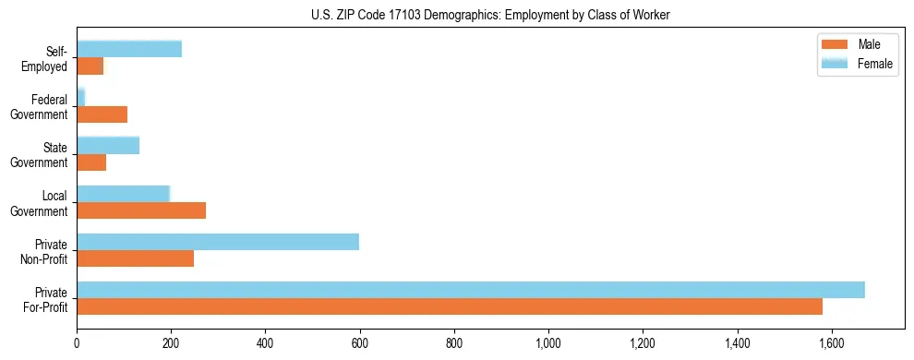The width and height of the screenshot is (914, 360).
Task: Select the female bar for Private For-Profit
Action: (x=470, y=290)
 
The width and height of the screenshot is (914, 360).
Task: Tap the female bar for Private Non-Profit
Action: (x=217, y=242)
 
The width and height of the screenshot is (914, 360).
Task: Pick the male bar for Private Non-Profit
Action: (x=135, y=258)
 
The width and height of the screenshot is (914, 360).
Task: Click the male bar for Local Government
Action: (x=140, y=210)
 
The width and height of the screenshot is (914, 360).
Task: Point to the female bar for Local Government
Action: (x=123, y=194)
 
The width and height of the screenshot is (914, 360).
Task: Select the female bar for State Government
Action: (x=107, y=145)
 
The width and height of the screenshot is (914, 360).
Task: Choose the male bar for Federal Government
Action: (x=102, y=114)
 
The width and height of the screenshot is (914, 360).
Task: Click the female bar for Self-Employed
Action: (x=128, y=49)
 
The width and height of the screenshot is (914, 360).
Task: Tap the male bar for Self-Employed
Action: (x=90, y=66)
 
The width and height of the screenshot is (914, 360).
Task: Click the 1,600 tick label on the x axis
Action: (x=832, y=343)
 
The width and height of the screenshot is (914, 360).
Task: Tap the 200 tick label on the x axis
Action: (x=171, y=343)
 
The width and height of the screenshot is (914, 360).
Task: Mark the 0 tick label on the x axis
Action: (x=77, y=343)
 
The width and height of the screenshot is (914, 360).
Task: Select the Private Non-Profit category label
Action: (x=46, y=251)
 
